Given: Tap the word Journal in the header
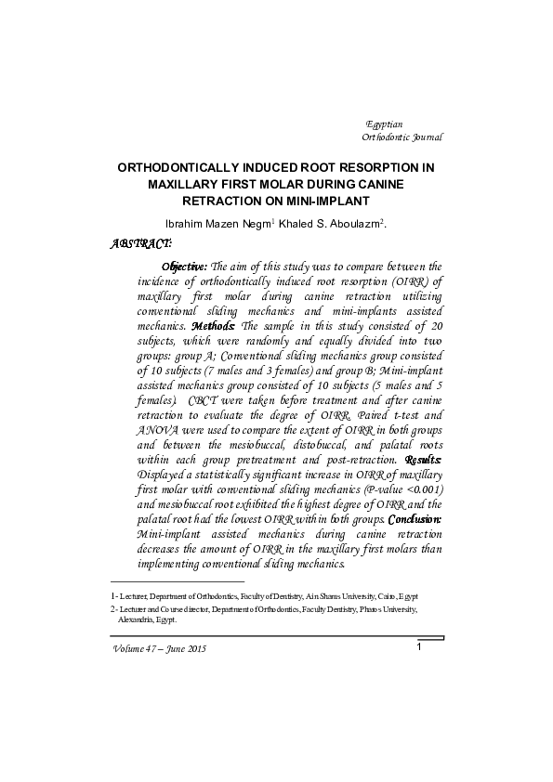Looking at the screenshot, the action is tap(424, 137).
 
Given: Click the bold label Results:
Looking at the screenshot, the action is tap(423, 459).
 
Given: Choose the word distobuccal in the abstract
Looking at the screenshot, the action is tap(309, 444).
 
